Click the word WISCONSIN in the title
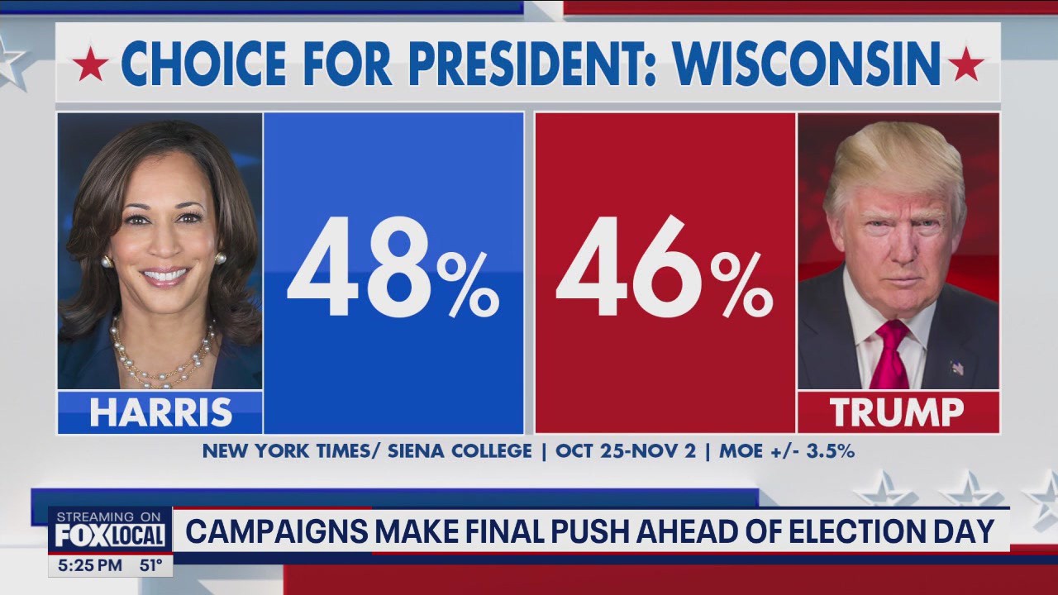807,63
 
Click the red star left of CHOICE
90,64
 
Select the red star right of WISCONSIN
965,64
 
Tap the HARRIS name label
160,412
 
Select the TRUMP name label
897,412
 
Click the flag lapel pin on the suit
956,367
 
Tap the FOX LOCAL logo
109,535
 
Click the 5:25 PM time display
91,566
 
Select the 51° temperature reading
150,566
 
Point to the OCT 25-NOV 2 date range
629,451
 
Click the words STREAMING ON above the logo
109,516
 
